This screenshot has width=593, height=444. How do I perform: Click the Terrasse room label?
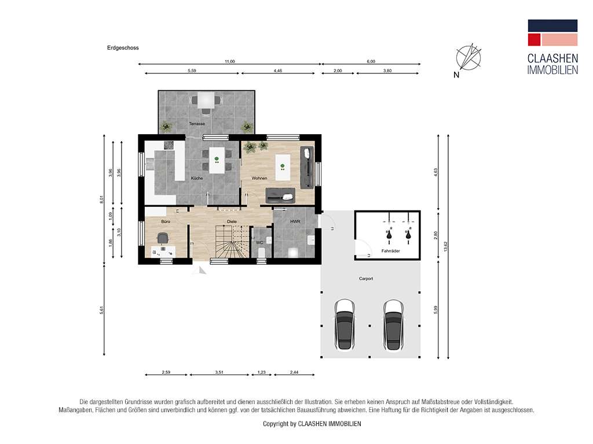coord(197,124)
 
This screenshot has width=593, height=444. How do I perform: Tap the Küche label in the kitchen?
coord(197,178)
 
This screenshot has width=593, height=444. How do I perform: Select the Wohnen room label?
coord(259,178)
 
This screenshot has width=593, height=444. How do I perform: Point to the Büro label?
coord(166,221)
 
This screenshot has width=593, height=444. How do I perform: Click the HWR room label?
coord(295,221)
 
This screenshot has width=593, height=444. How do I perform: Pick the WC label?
coord(259,242)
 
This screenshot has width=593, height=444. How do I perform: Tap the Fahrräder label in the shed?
coord(391,251)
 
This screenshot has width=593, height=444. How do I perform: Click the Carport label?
coord(366,279)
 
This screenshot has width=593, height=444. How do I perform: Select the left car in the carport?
coord(345,325)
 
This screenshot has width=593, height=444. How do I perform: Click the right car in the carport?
coord(393,325)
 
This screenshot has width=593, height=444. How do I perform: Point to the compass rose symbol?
coord(468,58)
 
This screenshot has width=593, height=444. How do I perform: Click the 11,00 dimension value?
coord(229,61)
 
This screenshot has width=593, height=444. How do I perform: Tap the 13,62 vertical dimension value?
coord(445,246)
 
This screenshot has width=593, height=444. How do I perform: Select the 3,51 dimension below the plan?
coord(219,372)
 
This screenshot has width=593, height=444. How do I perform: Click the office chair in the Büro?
coord(163,238)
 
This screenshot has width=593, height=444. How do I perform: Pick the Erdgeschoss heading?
coord(123,48)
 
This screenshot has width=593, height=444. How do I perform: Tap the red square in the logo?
coord(534,40)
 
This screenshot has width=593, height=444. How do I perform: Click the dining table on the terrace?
coord(206,101)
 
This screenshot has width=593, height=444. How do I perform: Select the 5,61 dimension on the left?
coord(101,310)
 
